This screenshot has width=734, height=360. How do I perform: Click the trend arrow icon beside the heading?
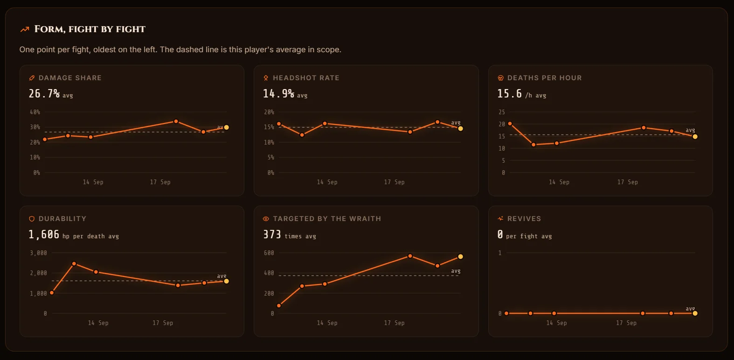(25, 29)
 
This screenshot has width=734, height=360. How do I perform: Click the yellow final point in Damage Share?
(226, 127)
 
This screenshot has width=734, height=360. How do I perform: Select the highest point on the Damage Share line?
(176, 122)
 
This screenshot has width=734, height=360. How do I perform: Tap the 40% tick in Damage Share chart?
(35, 112)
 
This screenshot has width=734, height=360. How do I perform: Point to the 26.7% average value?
(44, 94)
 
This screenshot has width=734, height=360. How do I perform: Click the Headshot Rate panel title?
(306, 78)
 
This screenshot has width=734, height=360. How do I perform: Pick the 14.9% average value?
(278, 94)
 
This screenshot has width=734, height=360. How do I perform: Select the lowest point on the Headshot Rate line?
(302, 135)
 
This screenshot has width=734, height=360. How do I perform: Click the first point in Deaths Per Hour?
(510, 124)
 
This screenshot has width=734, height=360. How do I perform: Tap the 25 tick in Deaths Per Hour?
(502, 112)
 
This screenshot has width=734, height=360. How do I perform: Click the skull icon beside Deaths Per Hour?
(500, 78)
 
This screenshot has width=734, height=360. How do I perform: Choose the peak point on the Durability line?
(74, 263)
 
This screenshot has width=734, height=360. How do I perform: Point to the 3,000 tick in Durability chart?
(38, 253)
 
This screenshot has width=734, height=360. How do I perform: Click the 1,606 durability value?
(44, 235)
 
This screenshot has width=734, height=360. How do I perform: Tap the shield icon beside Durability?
(32, 219)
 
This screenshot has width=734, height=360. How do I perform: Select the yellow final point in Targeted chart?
(460, 256)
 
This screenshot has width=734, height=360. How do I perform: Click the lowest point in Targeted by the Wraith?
(279, 305)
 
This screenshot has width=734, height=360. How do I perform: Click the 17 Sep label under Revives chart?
(626, 323)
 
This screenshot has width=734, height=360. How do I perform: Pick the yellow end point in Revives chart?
(695, 313)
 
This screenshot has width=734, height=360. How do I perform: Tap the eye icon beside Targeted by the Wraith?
(266, 219)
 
